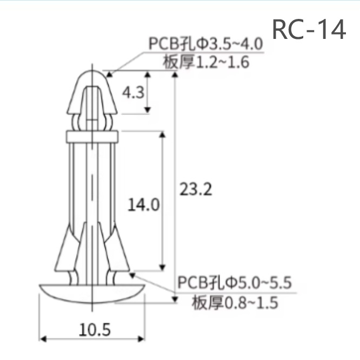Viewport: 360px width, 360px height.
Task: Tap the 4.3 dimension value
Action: (x=132, y=92)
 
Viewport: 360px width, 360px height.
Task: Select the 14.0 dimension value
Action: (x=143, y=204)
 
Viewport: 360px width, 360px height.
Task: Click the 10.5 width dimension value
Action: (x=95, y=329)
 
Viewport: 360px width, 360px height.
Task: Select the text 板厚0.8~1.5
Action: (x=235, y=302)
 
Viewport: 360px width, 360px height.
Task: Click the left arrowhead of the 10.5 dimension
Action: (x=43, y=339)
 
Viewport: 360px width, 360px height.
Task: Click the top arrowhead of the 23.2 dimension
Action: (x=174, y=76)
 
